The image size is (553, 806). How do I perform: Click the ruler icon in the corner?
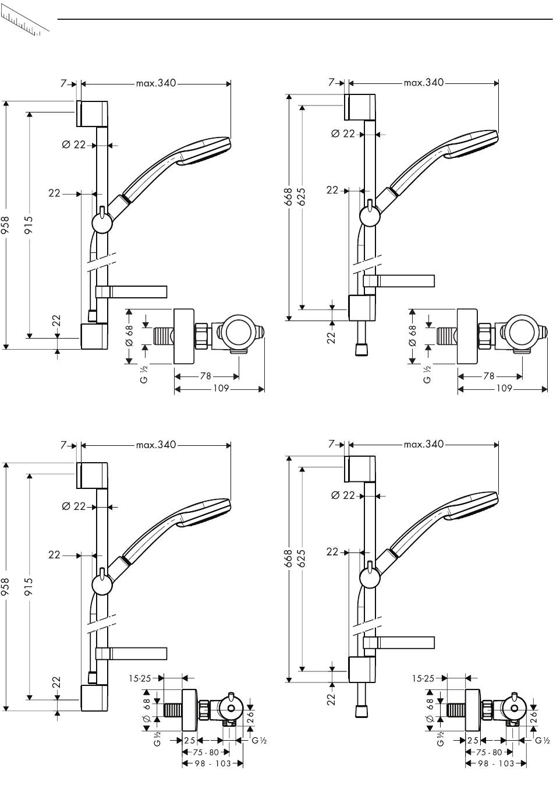pos(25,24)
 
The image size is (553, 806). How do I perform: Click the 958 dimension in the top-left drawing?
pos(6,226)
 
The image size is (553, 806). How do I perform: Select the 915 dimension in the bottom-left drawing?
pos(29,587)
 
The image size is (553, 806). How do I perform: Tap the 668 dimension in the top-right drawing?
pos(288,197)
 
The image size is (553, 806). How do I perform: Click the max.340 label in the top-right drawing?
pos(424,83)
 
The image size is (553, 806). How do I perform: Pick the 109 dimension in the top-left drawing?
pos(221,388)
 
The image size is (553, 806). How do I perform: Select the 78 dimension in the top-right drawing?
pos(489,376)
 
